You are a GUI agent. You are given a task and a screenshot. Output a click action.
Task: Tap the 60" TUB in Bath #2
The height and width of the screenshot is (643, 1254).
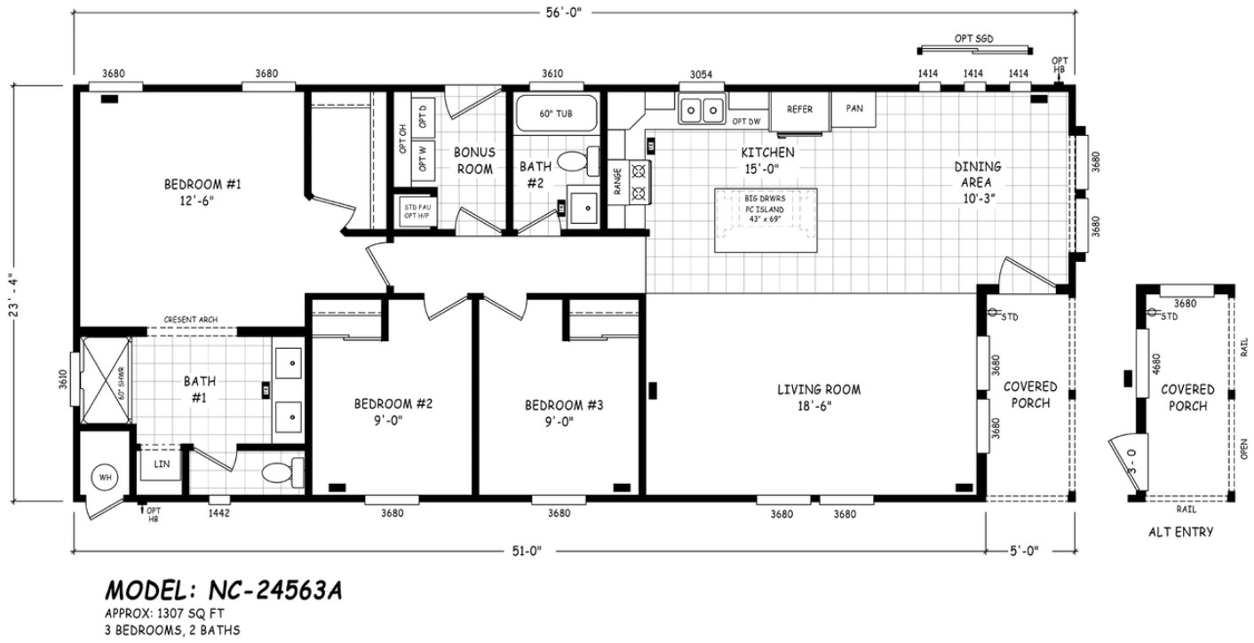pos(556,115)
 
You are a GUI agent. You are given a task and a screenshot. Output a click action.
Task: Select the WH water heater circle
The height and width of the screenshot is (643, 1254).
pos(106,478)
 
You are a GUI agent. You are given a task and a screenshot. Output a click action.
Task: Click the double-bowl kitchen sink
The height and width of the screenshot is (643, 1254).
pos(702,111)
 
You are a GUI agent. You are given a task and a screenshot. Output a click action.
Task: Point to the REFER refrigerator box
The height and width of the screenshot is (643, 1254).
pos(799,109)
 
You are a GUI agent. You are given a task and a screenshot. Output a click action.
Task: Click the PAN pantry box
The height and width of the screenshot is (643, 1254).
pos(854,108)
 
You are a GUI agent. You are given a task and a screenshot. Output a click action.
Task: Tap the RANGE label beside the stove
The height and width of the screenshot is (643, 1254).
pos(616,181)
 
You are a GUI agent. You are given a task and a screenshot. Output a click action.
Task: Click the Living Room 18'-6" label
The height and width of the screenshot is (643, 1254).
pos(819,398)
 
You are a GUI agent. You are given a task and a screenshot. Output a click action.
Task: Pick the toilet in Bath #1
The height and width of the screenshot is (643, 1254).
pos(286,472)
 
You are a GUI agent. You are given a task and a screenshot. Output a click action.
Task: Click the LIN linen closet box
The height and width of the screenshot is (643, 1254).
pos(161,464)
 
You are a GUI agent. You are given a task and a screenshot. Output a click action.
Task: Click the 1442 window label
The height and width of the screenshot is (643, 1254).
pos(218,513)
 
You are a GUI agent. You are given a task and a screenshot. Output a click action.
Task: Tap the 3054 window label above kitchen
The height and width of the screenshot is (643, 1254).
pos(702,75)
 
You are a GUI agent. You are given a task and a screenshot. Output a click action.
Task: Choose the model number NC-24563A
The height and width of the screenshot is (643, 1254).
pos(223,591)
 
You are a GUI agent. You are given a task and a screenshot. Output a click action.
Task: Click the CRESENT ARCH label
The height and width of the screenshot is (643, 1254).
pos(190,320)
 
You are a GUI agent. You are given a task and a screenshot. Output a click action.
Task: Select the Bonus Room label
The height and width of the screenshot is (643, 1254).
pos(474,161)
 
